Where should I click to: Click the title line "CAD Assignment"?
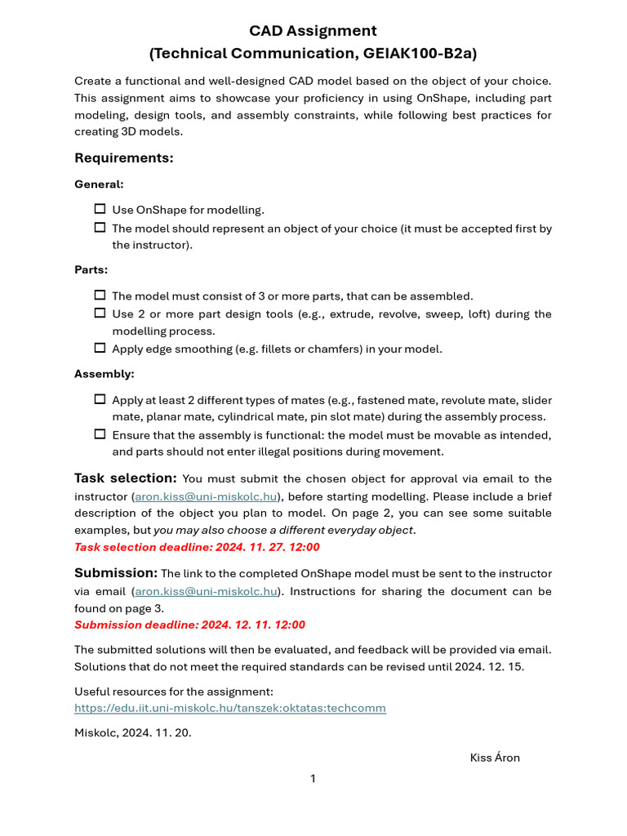(313, 31)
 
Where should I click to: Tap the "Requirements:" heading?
(123, 158)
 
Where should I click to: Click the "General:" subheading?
(99, 185)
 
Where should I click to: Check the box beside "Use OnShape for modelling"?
(100, 210)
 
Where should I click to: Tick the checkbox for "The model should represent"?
(100, 228)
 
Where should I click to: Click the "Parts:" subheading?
(91, 269)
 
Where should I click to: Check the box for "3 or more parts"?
(100, 296)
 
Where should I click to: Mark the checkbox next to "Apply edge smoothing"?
(100, 348)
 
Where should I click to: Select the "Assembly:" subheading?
(104, 374)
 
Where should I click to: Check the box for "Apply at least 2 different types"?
(100, 400)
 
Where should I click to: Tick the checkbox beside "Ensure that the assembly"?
(100, 434)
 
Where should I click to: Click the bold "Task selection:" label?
(125, 478)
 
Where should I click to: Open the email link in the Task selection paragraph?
(206, 496)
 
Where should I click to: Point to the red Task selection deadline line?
(197, 547)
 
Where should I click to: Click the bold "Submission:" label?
(115, 572)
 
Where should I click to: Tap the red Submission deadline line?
(189, 625)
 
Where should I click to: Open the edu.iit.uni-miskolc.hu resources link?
(229, 708)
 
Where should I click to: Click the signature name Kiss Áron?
(495, 758)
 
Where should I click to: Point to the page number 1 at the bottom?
(313, 779)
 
